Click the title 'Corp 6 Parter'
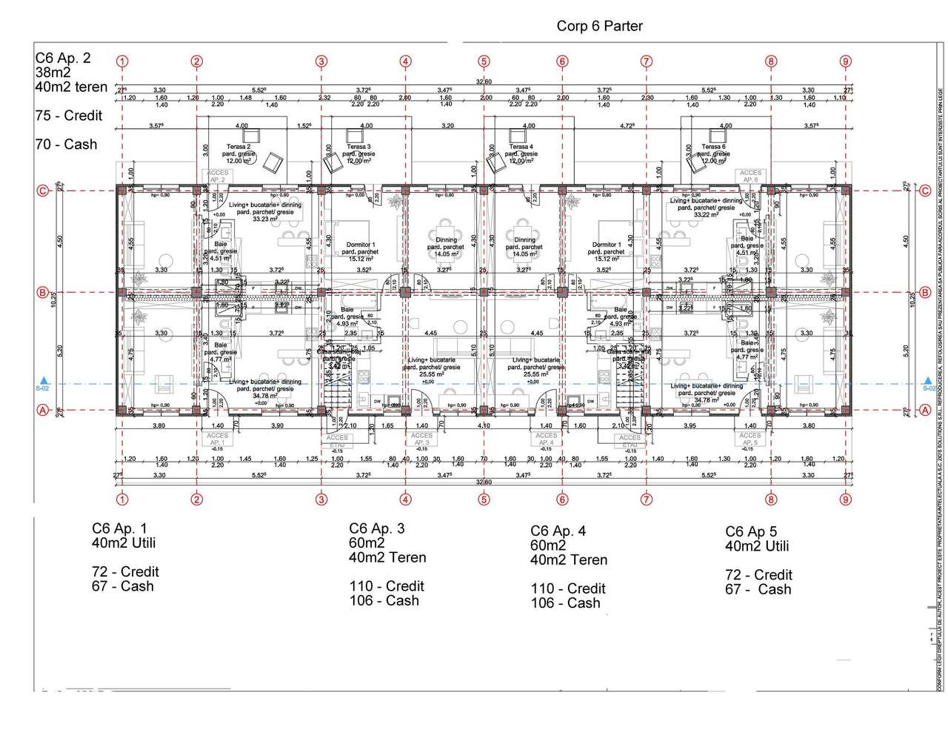(x=599, y=26)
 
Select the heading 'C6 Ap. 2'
(x=63, y=58)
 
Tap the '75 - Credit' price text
(x=69, y=116)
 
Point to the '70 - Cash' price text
(x=66, y=145)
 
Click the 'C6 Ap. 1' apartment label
(x=119, y=528)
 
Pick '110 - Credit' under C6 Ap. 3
(x=387, y=586)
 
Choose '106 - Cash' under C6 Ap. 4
(x=565, y=603)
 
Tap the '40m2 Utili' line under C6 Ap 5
(x=757, y=546)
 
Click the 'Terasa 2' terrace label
(x=238, y=147)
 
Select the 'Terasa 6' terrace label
(x=713, y=147)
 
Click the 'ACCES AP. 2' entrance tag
(x=217, y=176)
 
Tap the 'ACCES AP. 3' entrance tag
(x=421, y=440)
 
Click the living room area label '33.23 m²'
(x=264, y=219)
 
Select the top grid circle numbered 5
(x=484, y=62)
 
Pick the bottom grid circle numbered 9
(x=846, y=499)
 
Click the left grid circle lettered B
(x=43, y=293)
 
